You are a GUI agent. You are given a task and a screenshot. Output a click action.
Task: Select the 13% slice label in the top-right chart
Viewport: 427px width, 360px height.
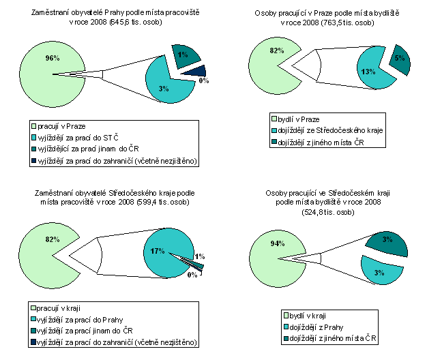click(x=368, y=71)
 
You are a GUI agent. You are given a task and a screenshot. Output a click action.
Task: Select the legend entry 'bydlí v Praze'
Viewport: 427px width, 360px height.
click(x=299, y=119)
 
